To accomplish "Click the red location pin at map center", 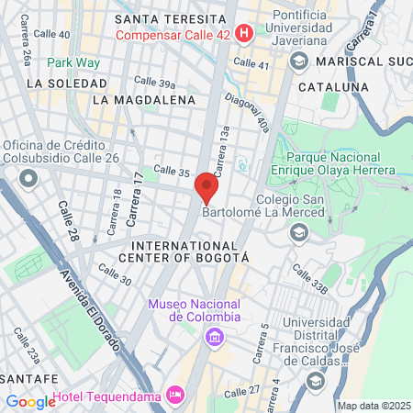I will (x=206, y=189).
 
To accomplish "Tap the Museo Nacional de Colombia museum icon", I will (x=214, y=338).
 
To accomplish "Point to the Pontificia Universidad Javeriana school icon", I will (x=297, y=61).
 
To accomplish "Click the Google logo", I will (x=30, y=401).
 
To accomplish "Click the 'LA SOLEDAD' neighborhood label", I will (x=61, y=83).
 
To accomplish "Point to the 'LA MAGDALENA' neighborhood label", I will (x=144, y=99).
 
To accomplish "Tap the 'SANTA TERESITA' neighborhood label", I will (x=182, y=18).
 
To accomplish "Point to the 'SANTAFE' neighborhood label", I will (x=30, y=377).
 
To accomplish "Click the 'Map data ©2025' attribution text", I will (x=373, y=406).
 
